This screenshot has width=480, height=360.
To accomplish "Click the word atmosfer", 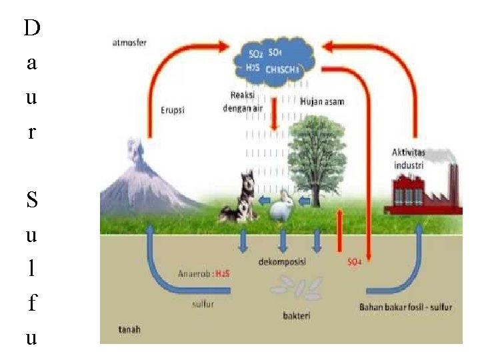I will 129,43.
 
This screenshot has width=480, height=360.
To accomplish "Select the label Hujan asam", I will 322,102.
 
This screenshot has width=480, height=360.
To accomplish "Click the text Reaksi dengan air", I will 243,99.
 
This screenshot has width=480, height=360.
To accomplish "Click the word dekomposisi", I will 282,262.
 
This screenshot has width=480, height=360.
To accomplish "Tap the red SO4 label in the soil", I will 354,262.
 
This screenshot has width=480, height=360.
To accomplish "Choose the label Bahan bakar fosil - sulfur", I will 405,307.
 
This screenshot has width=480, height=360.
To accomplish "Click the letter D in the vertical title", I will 31,28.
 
